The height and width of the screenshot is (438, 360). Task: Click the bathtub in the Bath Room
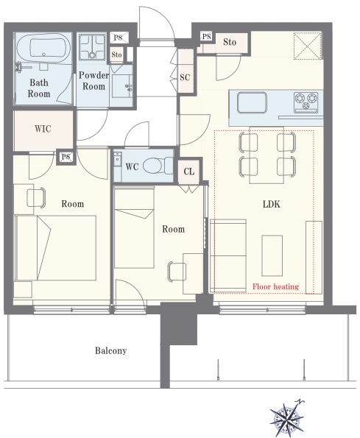43,48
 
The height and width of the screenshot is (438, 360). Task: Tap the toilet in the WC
158,166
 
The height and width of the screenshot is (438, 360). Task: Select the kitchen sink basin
252,102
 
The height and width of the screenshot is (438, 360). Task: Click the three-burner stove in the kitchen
306,102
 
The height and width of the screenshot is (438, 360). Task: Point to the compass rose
287,418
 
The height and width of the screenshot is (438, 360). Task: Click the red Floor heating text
275,286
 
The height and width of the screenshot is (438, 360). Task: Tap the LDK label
271,204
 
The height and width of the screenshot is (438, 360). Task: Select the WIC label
43,129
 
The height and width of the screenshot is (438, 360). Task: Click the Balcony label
111,350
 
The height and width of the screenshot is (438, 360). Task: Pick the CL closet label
188,172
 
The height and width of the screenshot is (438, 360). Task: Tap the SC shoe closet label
185,77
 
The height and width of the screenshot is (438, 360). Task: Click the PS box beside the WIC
66,157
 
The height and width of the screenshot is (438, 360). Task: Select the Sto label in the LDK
230,42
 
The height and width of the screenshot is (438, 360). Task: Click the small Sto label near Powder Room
116,54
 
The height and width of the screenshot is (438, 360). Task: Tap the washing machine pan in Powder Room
92,47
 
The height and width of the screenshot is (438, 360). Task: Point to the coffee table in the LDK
272,255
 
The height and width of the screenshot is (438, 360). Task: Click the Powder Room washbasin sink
122,86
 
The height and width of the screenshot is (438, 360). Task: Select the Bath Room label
39,88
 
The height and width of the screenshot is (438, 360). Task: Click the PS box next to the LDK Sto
206,36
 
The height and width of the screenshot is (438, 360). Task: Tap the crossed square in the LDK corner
307,46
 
